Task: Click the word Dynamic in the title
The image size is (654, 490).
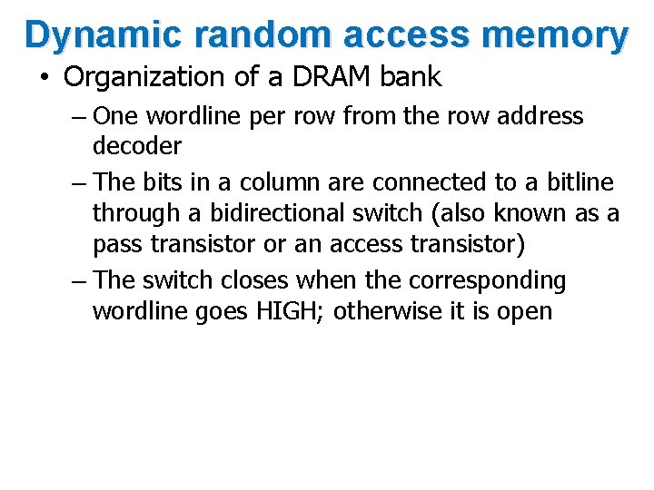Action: pyautogui.click(x=84, y=34)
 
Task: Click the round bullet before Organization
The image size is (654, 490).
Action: pyautogui.click(x=44, y=78)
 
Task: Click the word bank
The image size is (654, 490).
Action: pyautogui.click(x=411, y=77)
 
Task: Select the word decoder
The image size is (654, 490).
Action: pyautogui.click(x=137, y=145)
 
